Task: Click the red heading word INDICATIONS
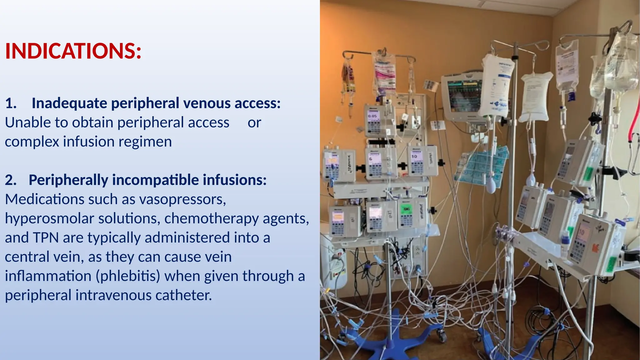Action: (73, 51)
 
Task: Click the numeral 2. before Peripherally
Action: (11, 180)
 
